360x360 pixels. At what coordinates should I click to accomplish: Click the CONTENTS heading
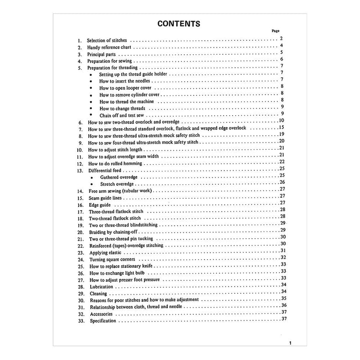coord(179,24)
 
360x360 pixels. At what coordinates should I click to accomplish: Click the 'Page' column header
coord(276,31)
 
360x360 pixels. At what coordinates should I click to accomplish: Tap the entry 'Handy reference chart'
coord(109,48)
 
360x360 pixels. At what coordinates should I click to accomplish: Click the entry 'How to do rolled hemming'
coord(115,164)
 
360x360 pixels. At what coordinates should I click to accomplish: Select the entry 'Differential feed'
coord(105,170)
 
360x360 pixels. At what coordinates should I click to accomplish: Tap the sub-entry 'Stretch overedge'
coord(117,184)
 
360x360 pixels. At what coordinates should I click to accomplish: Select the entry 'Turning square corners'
coord(112,259)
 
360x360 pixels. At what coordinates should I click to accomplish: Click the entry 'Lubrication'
coord(101,287)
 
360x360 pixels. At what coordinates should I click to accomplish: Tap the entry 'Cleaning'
coord(98,293)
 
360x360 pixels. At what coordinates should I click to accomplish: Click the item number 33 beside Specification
coord(80,321)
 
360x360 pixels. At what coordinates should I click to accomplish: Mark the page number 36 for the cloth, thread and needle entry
coord(284,305)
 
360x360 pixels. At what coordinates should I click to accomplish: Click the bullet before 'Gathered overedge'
coord(91,177)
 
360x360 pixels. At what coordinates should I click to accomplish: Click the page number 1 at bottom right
coord(290,343)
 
